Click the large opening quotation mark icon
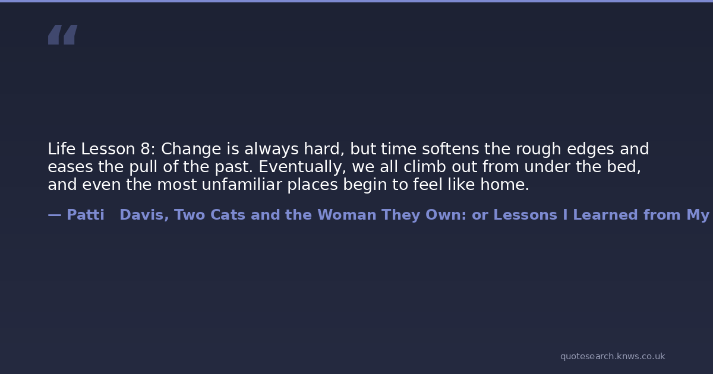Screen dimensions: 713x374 pos(63,34)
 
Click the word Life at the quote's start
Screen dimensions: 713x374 pos(62,149)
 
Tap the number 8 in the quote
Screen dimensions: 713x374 pos(145,149)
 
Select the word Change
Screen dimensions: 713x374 pos(191,149)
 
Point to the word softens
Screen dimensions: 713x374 pos(450,149)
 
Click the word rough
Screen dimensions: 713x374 pos(538,149)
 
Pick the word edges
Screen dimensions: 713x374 pos(591,149)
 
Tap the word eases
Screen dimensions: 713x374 pos(70,167)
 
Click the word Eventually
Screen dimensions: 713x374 pos(300,167)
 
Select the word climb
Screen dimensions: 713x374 pos(425,167)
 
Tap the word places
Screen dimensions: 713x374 pos(313,185)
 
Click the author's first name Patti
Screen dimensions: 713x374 pos(86,215)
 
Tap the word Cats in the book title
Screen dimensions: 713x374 pos(228,215)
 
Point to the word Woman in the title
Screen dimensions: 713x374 pos(347,215)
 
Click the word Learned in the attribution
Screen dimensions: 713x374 pos(605,215)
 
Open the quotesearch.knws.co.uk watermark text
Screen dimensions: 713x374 pos(613,356)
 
